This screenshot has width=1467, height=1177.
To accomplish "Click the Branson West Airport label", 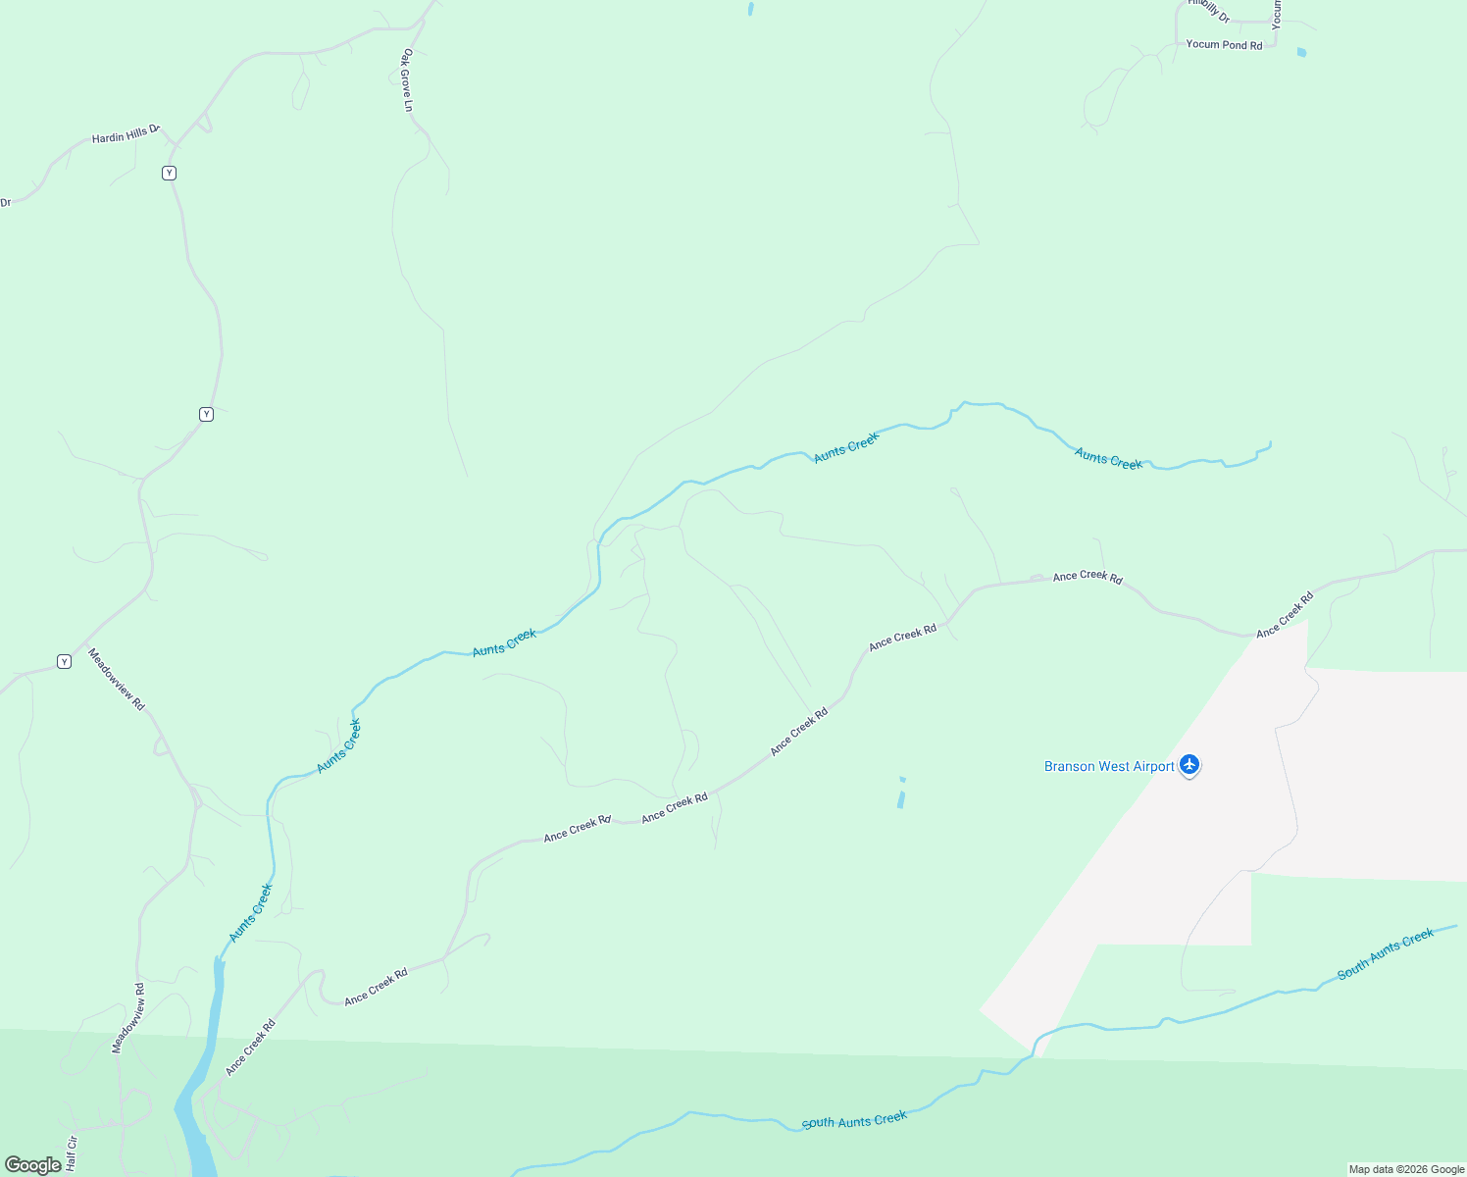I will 1109,767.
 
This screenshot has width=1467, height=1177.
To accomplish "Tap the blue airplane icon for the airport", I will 1189,764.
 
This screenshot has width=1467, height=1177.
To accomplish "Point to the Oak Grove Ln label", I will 407,80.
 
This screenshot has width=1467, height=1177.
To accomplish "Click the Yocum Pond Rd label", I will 1224,45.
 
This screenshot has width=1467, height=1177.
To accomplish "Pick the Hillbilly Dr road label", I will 1210,10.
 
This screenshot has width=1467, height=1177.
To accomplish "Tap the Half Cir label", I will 72,1151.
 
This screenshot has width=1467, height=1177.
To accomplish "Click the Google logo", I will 32,1164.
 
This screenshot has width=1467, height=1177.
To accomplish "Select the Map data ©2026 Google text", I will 1406,1169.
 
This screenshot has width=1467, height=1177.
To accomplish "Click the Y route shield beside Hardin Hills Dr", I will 169,173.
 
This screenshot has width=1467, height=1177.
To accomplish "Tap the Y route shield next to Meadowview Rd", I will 64,661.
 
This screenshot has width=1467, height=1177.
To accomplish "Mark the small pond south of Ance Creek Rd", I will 901,795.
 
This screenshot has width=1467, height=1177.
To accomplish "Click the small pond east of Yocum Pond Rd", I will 1301,53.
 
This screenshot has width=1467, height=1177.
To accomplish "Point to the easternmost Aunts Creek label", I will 1108,458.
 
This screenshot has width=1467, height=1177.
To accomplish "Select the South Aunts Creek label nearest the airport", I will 1386,953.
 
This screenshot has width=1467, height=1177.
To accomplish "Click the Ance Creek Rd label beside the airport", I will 1285,615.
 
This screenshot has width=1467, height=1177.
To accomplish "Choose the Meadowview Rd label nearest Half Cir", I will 128,1018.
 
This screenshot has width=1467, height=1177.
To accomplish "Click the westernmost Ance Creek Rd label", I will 250,1048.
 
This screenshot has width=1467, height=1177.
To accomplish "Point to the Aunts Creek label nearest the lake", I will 251,913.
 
